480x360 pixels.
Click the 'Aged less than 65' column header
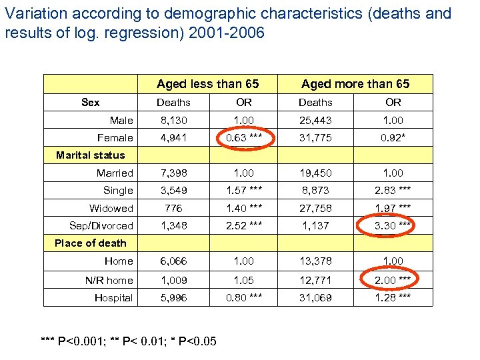point(207,83)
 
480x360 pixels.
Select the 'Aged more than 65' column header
point(355,83)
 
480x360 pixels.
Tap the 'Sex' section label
point(90,102)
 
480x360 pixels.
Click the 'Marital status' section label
point(90,155)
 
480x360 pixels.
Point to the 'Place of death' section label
point(90,243)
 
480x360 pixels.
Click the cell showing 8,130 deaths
point(173,120)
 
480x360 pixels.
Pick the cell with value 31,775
point(315,137)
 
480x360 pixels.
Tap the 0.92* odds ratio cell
point(393,137)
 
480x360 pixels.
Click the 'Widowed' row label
point(111,208)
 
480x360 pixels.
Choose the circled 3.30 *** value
point(393,225)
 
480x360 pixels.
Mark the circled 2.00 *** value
point(393,280)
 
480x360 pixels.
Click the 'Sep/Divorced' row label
point(101,225)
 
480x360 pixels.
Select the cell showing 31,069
point(315,297)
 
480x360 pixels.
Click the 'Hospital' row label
point(113,297)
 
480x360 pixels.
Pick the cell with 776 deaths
point(173,208)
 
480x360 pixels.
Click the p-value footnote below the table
point(128,341)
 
